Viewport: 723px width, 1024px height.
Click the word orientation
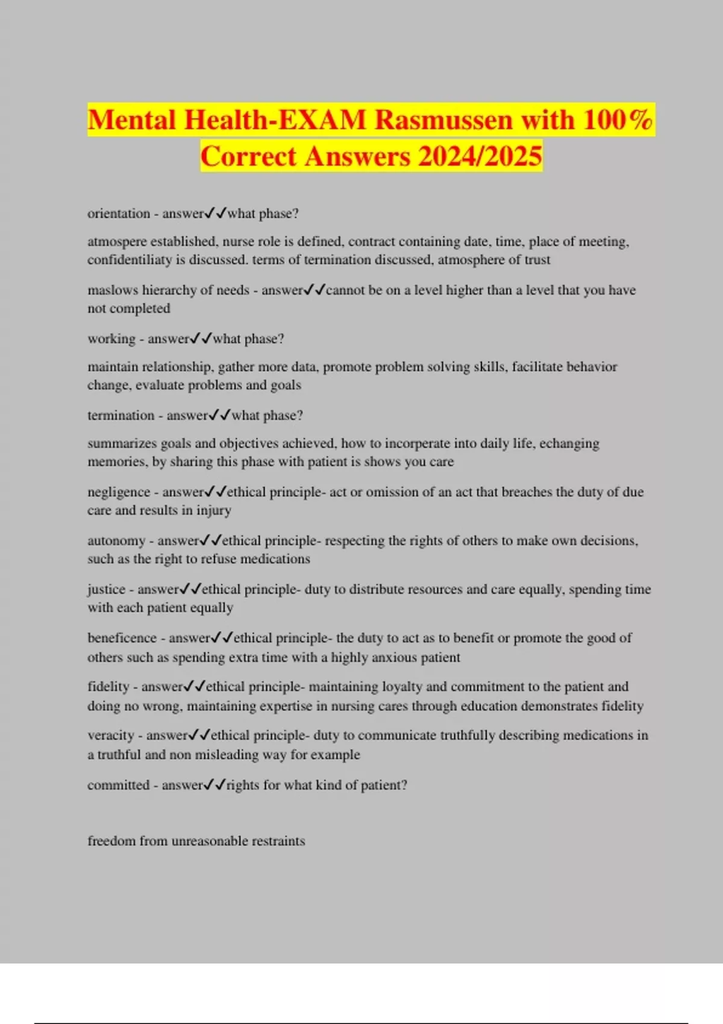tap(119, 214)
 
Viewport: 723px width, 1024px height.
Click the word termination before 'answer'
tap(120, 416)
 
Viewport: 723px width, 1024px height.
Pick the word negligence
tap(119, 492)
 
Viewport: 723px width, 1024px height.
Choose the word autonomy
tap(116, 541)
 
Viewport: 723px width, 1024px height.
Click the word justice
tap(106, 590)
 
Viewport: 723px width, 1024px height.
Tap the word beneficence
tap(122, 638)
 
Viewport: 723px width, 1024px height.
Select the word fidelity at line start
tap(108, 687)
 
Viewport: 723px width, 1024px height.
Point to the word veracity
tap(111, 735)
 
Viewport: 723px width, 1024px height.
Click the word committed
tap(118, 785)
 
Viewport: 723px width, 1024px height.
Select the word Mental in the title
tap(132, 120)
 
